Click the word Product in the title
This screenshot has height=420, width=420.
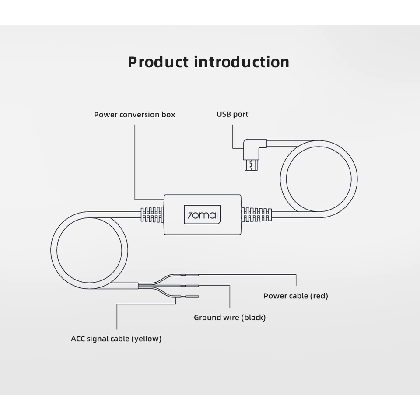coord(158,62)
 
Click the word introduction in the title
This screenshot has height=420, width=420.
coord(241,62)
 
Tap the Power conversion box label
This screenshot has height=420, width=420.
coord(134,115)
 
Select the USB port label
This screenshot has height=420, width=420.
coord(232,114)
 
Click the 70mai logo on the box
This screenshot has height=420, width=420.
coord(203,214)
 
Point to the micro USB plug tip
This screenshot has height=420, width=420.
coord(251,165)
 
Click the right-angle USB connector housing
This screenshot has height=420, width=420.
coord(254,149)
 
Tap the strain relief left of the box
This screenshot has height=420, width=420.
coord(152,214)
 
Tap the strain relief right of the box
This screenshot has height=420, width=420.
coord(257,214)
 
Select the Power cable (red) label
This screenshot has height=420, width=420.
coord(296,296)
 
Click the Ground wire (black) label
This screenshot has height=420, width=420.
coord(230,318)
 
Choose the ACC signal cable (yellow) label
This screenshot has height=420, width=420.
coord(116,339)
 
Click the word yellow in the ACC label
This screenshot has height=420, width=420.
coord(147,339)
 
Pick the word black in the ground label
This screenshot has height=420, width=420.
coord(253,318)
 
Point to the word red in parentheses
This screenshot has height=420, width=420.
coord(319,296)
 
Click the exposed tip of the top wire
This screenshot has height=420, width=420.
coord(192,275)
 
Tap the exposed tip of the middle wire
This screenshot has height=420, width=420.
coord(192,286)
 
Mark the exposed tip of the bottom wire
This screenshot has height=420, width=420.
coord(192,297)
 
